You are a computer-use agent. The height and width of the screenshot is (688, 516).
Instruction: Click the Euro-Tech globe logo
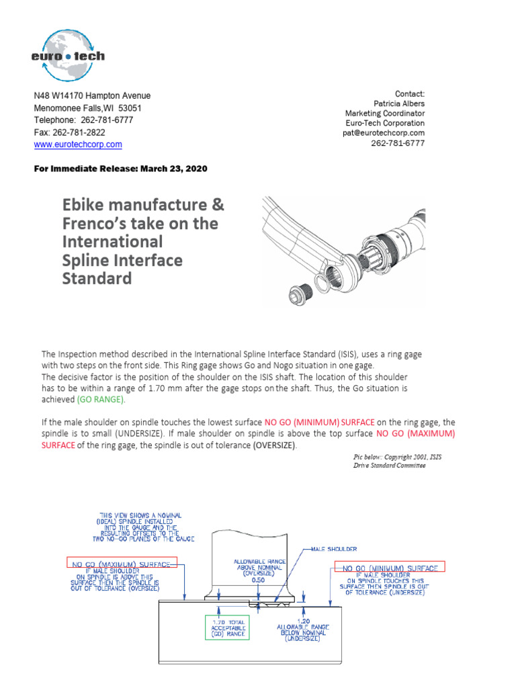(x=67, y=53)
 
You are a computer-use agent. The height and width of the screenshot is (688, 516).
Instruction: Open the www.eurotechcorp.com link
(x=78, y=144)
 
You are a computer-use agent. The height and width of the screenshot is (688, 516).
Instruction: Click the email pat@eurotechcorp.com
(x=383, y=133)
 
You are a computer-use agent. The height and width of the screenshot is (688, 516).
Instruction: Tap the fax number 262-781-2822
(x=80, y=132)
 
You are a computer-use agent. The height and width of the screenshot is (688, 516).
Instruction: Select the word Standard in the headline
(x=97, y=277)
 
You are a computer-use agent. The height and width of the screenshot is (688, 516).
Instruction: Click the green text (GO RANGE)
(x=100, y=399)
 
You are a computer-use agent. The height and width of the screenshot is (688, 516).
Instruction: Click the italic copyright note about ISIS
(x=389, y=460)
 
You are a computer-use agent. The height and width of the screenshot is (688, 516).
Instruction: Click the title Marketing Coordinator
(x=385, y=114)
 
